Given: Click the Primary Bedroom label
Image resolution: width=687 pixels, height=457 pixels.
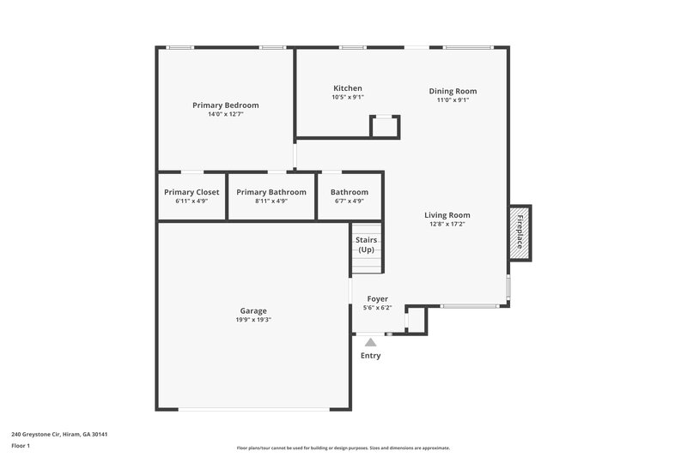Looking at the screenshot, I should click(x=225, y=105).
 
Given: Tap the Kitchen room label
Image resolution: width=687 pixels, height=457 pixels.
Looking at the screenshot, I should click(x=348, y=88).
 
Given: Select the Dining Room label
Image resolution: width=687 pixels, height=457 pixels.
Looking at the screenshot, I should click(x=453, y=91).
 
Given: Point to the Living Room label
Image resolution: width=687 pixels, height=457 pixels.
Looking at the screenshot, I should click(x=447, y=215).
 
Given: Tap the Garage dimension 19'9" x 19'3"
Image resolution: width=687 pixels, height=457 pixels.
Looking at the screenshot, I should click(x=253, y=320).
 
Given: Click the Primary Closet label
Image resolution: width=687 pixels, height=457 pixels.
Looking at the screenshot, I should click(x=192, y=192).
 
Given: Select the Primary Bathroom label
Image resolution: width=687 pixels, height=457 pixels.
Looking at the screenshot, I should click(x=271, y=192).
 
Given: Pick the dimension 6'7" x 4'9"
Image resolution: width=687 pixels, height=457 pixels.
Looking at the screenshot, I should click(x=350, y=201).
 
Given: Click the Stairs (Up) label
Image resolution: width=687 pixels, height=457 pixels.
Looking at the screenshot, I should click(x=367, y=244).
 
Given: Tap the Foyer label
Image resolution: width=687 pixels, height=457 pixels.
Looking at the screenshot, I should click(x=377, y=299).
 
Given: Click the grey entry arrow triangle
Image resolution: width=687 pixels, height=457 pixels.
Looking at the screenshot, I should click(x=370, y=342).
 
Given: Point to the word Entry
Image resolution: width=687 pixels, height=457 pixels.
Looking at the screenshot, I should click(x=370, y=356).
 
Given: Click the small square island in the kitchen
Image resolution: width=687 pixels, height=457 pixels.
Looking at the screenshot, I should click(x=384, y=126).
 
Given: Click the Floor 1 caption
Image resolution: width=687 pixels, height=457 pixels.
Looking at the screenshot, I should click(x=21, y=447).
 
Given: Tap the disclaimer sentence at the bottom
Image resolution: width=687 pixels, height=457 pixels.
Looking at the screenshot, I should click(x=343, y=448).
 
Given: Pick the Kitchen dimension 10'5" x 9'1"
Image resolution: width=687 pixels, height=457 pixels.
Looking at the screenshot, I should click(x=348, y=98).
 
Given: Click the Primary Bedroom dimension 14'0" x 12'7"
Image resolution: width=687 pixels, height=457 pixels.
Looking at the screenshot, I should click(x=225, y=115).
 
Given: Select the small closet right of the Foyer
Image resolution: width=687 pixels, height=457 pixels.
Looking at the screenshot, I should click(x=416, y=319).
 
